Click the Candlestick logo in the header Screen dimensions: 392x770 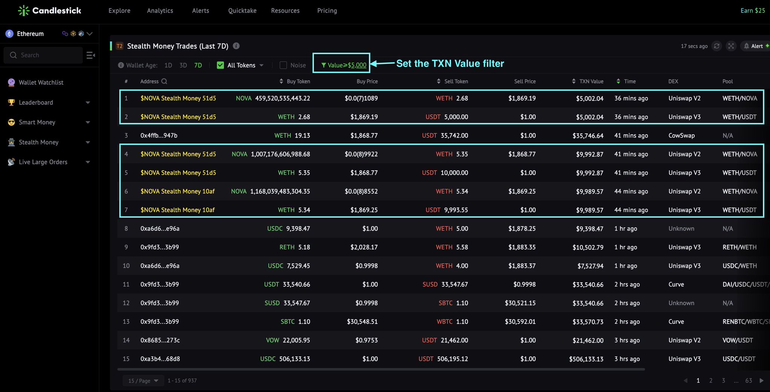pos(50,11)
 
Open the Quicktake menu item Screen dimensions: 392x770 pos(242,11)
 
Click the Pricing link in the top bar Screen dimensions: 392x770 pos(327,11)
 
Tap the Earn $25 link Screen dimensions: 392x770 pos(752,11)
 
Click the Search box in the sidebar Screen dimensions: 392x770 pos(43,55)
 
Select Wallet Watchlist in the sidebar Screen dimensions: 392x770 pos(41,82)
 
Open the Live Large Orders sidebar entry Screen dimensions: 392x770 pos(43,162)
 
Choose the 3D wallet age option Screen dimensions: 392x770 pos(183,65)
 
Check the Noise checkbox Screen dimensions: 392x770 pos(283,65)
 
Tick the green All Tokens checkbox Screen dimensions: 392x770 pos(221,65)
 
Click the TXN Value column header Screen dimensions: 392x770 pos(591,82)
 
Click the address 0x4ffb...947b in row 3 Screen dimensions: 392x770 pos(159,135)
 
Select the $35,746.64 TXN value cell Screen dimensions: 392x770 pos(588,135)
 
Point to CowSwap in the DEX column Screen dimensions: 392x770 pos(681,135)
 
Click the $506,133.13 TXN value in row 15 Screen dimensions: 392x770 pos(586,359)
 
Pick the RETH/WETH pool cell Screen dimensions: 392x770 pos(739,247)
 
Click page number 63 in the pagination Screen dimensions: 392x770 pos(748,381)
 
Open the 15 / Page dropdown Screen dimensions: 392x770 pos(143,381)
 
